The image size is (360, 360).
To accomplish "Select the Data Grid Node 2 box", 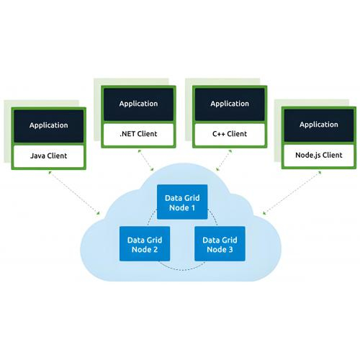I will coord(144,245).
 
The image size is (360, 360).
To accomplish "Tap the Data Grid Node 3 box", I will coord(220,245).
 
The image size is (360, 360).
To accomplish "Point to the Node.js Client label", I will coord(318,155).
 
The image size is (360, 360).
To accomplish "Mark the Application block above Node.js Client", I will coord(318,125).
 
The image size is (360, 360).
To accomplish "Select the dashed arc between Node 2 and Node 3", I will coord(182,269).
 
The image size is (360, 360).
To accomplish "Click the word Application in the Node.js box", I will coord(318,125).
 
